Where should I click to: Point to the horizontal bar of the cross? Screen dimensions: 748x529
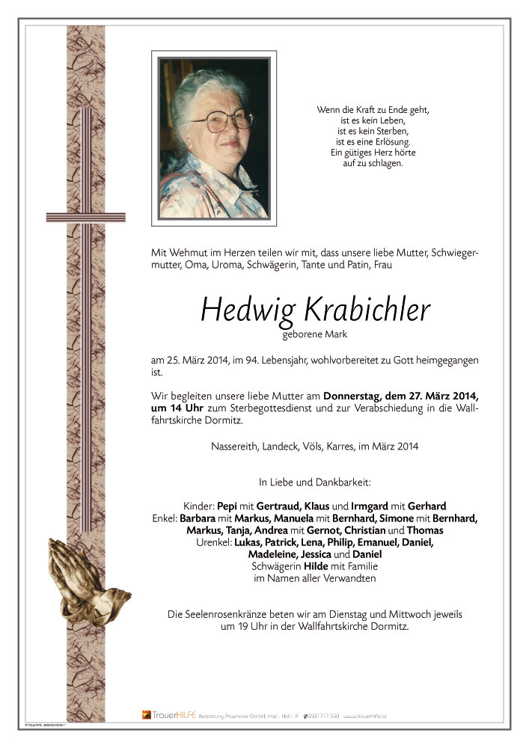point(75,217)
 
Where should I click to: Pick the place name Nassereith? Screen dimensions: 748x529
point(236,447)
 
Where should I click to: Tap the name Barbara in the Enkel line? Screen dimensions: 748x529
point(218,518)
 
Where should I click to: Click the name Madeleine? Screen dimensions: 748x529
point(274,554)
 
